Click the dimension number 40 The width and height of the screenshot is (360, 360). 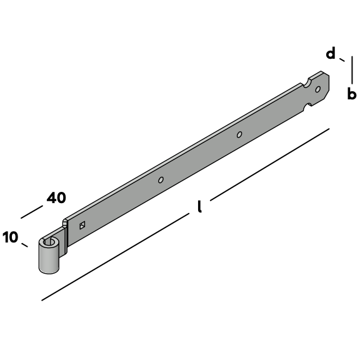click(56, 197)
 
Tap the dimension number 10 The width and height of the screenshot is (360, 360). click(11, 237)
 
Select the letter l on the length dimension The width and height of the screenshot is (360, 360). click(200, 206)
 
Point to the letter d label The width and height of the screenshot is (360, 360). click(331, 53)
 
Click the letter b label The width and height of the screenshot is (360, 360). click(352, 93)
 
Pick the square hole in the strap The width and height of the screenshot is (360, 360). click(82, 225)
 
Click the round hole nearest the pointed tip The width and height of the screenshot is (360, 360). click(318, 89)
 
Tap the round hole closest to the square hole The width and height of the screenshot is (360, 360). click(161, 180)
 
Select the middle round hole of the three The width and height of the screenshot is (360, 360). click(239, 134)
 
